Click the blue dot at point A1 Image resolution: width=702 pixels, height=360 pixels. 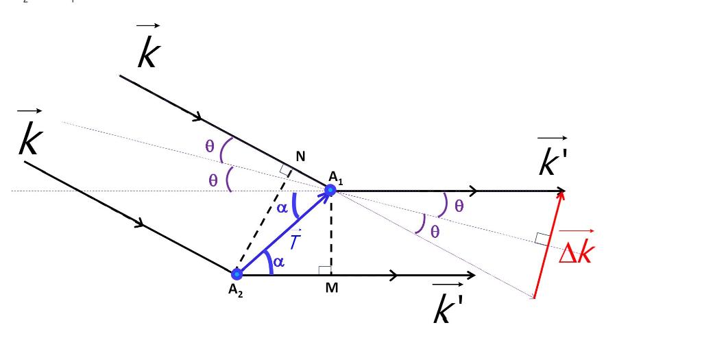(x=330, y=190)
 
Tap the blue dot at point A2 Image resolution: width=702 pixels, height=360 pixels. (x=237, y=275)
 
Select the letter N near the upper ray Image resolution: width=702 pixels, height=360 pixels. (x=300, y=157)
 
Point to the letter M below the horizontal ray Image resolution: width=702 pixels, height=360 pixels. (x=332, y=288)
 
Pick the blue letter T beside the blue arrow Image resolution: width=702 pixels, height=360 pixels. (x=294, y=242)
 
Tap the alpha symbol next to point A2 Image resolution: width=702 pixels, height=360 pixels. (x=278, y=262)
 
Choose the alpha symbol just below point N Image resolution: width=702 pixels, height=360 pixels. (x=282, y=208)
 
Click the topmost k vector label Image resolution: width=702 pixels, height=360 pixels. (x=148, y=53)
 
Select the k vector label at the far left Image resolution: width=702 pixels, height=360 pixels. (x=30, y=139)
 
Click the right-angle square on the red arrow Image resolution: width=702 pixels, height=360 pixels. (x=542, y=239)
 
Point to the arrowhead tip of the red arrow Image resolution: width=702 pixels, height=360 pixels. (x=563, y=191)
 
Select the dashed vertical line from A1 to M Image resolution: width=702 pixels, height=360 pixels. (x=331, y=233)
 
